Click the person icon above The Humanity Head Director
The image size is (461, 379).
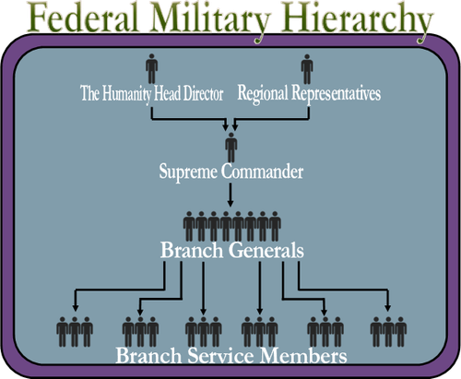151,70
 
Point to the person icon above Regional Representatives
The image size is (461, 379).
307,70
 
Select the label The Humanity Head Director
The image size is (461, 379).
152,94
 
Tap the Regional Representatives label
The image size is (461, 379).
309,94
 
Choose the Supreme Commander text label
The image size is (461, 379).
230,171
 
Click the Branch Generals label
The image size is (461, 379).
230,250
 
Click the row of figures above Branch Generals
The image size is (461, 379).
230,227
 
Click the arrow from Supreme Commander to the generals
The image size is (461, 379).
230,193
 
